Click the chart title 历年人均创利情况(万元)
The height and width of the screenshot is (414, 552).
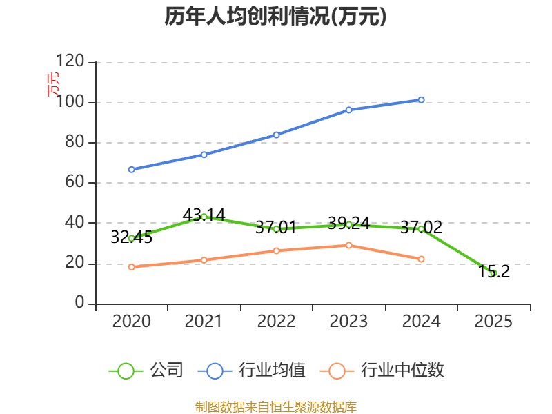pos(275,17)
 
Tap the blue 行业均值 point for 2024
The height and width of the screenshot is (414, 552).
pos(421,100)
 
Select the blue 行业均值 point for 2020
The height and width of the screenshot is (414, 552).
pos(131,169)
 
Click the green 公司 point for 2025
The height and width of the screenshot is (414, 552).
pos(493,273)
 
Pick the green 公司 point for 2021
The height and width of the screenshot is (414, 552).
pos(204,217)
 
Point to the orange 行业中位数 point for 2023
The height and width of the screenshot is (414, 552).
pos(348,245)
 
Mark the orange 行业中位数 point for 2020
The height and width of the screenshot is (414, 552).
pos(131,267)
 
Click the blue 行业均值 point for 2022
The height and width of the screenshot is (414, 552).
pos(276,135)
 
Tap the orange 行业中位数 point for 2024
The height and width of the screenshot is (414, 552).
pos(421,259)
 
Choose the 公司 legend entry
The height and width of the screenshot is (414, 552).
pos(146,371)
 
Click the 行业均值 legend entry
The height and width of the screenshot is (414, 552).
pos(252,371)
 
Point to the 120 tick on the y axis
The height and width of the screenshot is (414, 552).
pos(70,62)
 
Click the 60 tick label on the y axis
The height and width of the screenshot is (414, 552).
pos(75,183)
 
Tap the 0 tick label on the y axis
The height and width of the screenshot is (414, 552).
pos(80,304)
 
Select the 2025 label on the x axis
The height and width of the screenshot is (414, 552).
pos(493,322)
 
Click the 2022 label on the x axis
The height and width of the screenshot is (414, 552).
pos(276,322)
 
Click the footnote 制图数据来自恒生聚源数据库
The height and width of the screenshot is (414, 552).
pos(275,406)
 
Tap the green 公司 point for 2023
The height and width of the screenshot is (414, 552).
pos(348,224)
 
